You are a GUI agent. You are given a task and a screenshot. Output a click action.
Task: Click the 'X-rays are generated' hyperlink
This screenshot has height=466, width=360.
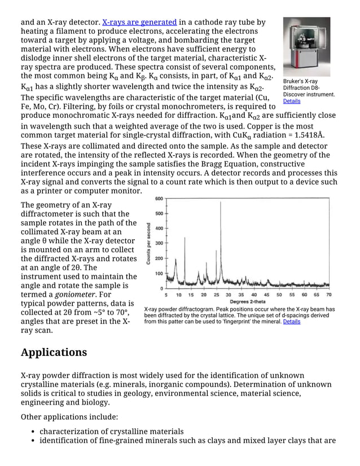[x=139, y=23]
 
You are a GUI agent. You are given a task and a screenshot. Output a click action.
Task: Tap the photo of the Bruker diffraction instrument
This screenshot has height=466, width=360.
[x=306, y=47]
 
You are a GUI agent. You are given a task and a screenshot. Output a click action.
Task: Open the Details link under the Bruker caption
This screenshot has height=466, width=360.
[x=292, y=102]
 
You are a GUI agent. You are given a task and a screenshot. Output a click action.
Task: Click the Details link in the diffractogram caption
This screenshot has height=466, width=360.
[x=292, y=322]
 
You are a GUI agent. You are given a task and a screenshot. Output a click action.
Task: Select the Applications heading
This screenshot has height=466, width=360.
[x=54, y=353]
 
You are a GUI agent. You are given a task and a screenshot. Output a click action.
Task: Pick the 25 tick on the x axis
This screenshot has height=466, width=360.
[x=217, y=294]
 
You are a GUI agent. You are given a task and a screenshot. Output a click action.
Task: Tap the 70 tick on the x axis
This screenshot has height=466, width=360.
[x=329, y=294]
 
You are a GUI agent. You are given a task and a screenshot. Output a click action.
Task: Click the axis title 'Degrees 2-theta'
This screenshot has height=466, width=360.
[x=247, y=302]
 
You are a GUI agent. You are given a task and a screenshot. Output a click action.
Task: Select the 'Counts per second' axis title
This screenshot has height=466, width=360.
[x=148, y=243]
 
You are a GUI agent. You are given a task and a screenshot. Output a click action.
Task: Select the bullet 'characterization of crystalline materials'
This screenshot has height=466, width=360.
[x=111, y=432]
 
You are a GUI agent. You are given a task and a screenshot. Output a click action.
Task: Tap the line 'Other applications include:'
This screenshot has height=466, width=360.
[x=69, y=417]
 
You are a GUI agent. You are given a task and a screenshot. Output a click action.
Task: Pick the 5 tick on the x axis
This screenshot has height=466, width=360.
[x=166, y=294]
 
